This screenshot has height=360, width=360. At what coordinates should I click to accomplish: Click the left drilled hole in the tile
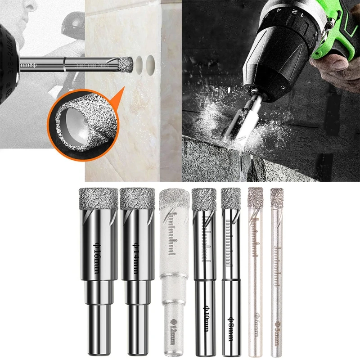[x=139, y=64]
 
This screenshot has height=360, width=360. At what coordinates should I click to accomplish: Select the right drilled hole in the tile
[x=150, y=64]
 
